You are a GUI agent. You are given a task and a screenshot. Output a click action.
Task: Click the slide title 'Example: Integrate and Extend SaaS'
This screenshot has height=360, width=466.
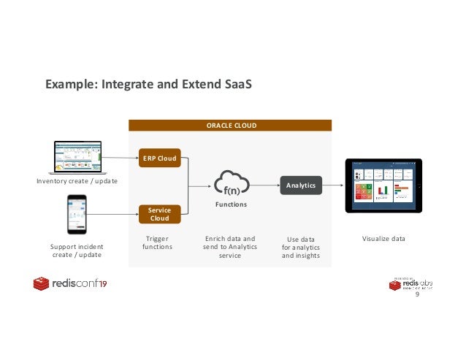click(148, 85)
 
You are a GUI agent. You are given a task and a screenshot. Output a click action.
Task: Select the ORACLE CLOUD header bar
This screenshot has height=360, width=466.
click(230, 125)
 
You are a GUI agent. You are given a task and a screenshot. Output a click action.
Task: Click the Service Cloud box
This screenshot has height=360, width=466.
click(158, 214)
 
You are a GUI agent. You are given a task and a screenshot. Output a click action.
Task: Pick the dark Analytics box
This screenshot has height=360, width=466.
click(301, 185)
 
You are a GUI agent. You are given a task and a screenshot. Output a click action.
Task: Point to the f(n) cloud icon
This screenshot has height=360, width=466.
click(231, 184)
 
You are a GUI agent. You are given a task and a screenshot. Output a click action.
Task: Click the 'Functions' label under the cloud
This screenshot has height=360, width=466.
click(231, 205)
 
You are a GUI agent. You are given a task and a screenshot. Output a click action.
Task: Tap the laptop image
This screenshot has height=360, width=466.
click(77, 154)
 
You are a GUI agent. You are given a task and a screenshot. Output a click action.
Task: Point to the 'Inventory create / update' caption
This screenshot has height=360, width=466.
click(77, 180)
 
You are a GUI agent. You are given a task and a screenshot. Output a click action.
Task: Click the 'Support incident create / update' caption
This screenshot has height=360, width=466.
click(77, 250)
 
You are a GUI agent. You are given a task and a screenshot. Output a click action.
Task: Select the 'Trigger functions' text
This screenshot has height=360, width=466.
click(158, 242)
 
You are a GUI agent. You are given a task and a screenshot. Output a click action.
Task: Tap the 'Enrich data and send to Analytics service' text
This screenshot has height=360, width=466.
click(229, 247)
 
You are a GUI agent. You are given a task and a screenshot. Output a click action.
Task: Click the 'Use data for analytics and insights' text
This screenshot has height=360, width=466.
click(300, 248)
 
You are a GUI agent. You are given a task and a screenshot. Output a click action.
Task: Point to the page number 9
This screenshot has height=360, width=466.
click(417, 295)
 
